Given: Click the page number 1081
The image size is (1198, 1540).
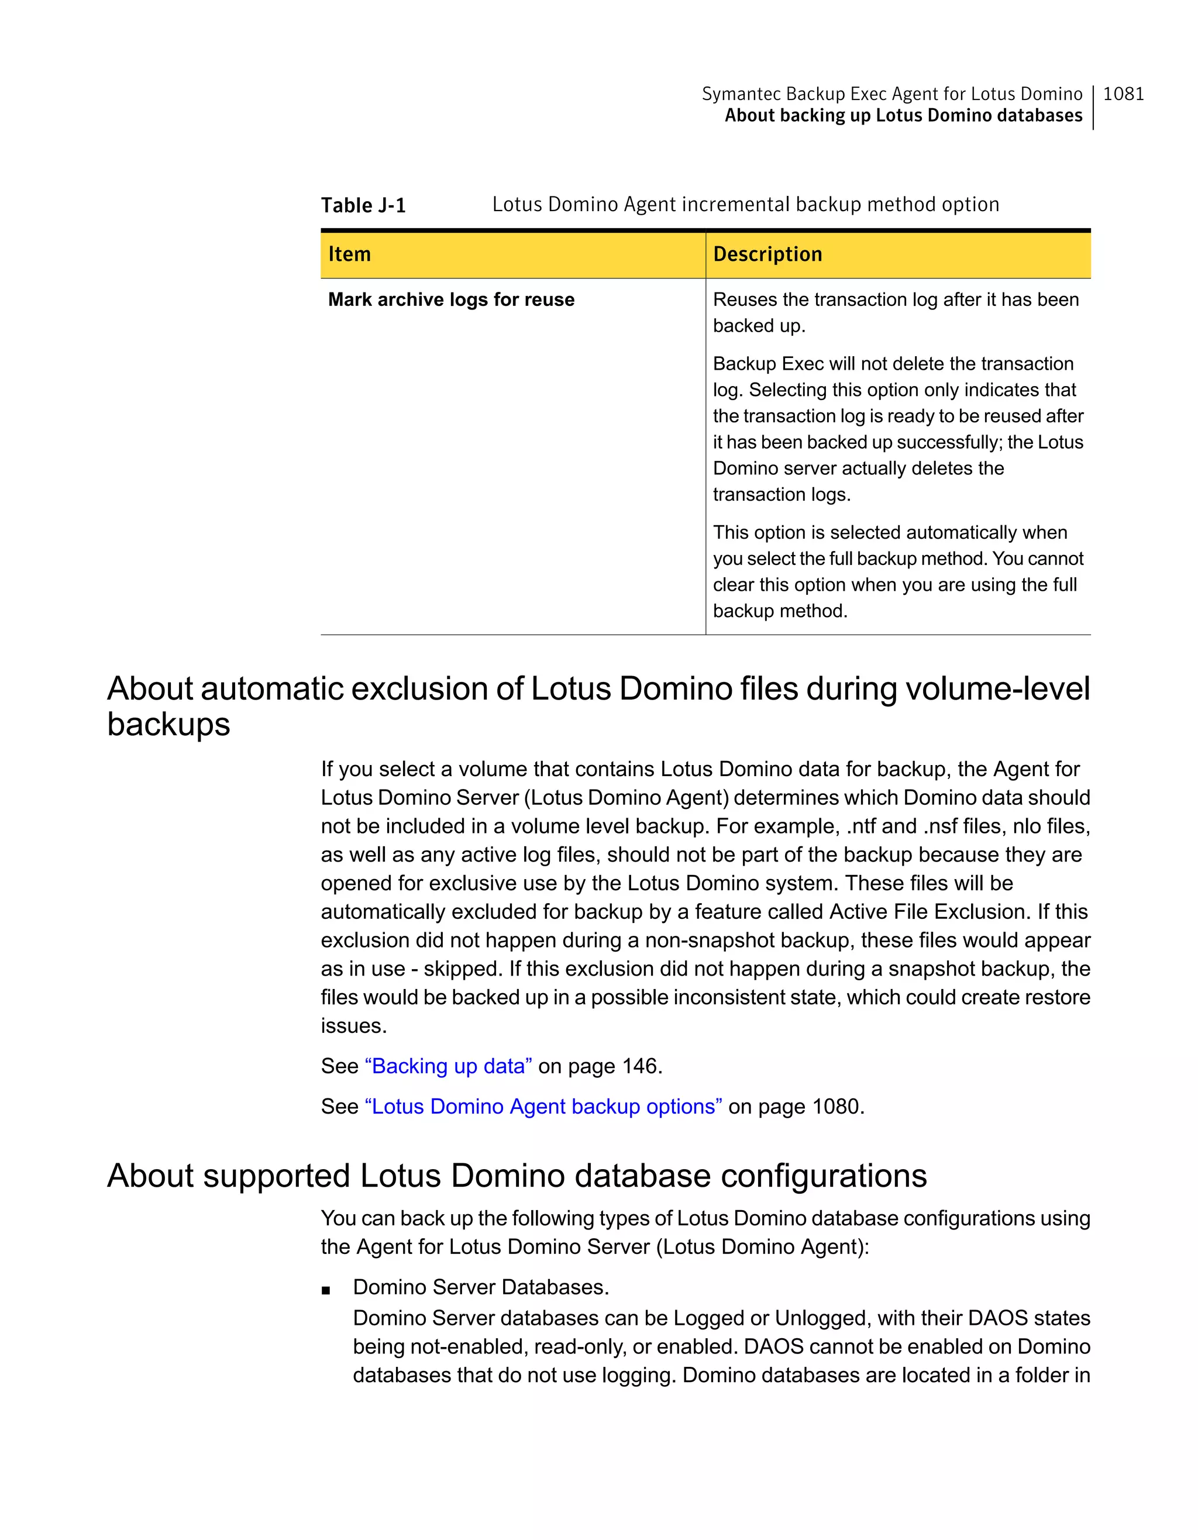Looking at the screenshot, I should (x=1123, y=94).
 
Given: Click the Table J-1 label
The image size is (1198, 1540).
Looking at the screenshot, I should (x=363, y=205).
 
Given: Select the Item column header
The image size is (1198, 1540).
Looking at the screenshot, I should (x=350, y=254).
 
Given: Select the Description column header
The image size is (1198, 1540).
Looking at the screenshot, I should (x=767, y=254).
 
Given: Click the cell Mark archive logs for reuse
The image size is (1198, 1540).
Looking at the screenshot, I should (x=451, y=299).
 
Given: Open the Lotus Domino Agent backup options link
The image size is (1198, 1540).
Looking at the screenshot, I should (x=543, y=1107).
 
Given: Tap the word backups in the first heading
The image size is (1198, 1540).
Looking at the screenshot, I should (x=168, y=724).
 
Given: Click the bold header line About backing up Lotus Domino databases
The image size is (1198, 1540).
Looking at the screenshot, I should (x=903, y=116).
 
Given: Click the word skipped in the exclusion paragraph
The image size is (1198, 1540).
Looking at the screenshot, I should (x=463, y=969).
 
